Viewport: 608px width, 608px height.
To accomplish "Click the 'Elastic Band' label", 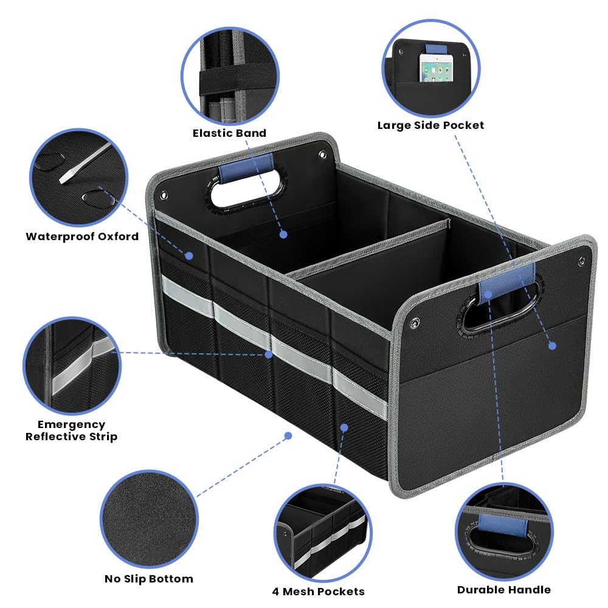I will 229,133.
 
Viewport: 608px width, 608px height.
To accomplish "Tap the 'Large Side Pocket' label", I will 430,125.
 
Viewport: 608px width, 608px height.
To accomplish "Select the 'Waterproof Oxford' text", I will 82,237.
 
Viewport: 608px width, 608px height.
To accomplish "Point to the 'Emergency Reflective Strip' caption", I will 72,430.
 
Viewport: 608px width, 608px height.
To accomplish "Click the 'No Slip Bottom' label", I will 148,579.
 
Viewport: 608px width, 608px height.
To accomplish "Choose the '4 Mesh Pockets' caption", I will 318,591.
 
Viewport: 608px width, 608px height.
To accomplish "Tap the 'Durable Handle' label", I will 504,589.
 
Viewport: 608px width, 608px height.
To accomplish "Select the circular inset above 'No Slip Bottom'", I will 149,516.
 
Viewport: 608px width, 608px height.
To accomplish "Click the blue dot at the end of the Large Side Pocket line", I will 552,345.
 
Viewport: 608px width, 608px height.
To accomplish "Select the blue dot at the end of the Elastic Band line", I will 283,233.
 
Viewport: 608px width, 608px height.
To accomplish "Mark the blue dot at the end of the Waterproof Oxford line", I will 189,256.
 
